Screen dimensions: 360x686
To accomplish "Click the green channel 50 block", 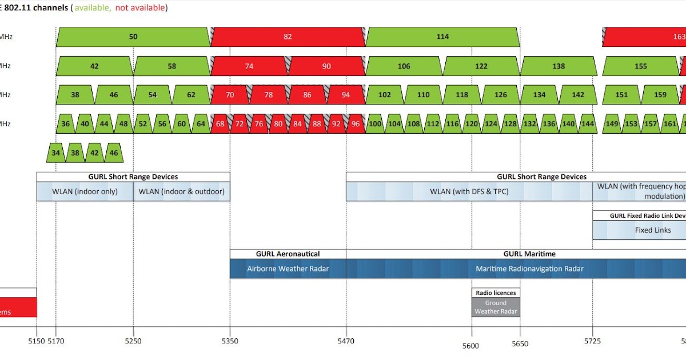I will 133,37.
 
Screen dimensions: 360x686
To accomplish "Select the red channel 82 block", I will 288,37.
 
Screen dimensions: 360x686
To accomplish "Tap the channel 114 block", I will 442,37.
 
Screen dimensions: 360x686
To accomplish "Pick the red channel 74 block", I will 249,66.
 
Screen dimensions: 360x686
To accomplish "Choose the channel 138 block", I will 559,66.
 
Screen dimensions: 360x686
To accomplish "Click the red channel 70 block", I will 229,95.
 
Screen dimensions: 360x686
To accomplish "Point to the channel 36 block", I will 66,123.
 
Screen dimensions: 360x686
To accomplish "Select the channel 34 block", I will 55,153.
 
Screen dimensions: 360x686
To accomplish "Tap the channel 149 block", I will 612,123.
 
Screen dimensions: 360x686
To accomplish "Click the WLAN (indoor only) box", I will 85,191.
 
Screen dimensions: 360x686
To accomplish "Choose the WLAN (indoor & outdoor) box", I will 181,191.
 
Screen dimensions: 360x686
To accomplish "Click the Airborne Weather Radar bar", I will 288,269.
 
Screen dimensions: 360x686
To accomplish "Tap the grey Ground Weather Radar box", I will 496,307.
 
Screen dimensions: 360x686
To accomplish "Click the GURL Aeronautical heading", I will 288,254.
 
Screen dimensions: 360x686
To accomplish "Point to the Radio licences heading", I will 496,293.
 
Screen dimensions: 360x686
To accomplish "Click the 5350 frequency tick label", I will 230,342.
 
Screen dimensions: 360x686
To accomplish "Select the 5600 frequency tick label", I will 471,345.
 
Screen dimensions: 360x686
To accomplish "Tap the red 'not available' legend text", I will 141,8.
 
